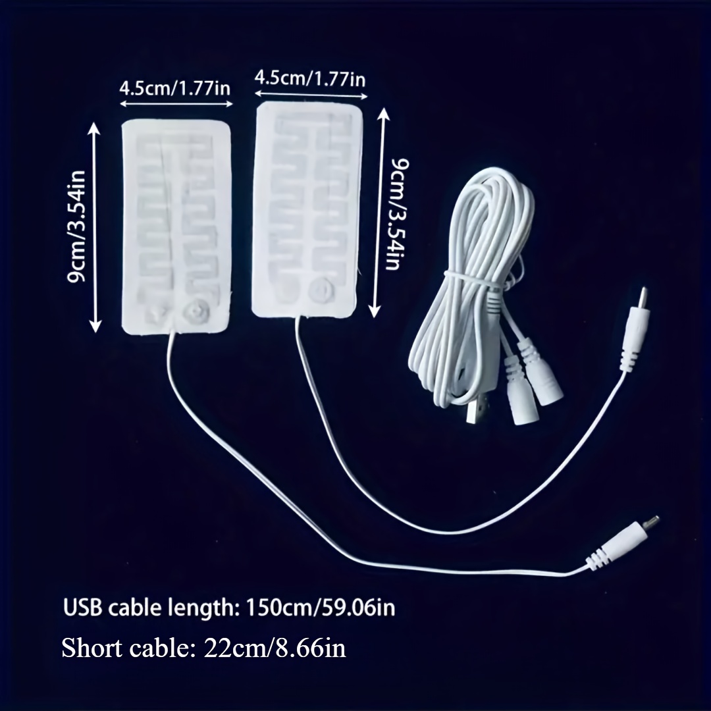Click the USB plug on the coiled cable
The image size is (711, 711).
click(x=473, y=412)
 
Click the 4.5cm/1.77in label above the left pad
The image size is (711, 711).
click(x=175, y=88)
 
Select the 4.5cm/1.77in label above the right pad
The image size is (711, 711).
click(x=310, y=78)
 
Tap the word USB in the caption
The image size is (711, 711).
click(x=82, y=606)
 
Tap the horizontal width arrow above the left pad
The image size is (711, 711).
click(x=175, y=103)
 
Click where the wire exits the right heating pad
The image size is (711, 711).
click(x=301, y=317)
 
